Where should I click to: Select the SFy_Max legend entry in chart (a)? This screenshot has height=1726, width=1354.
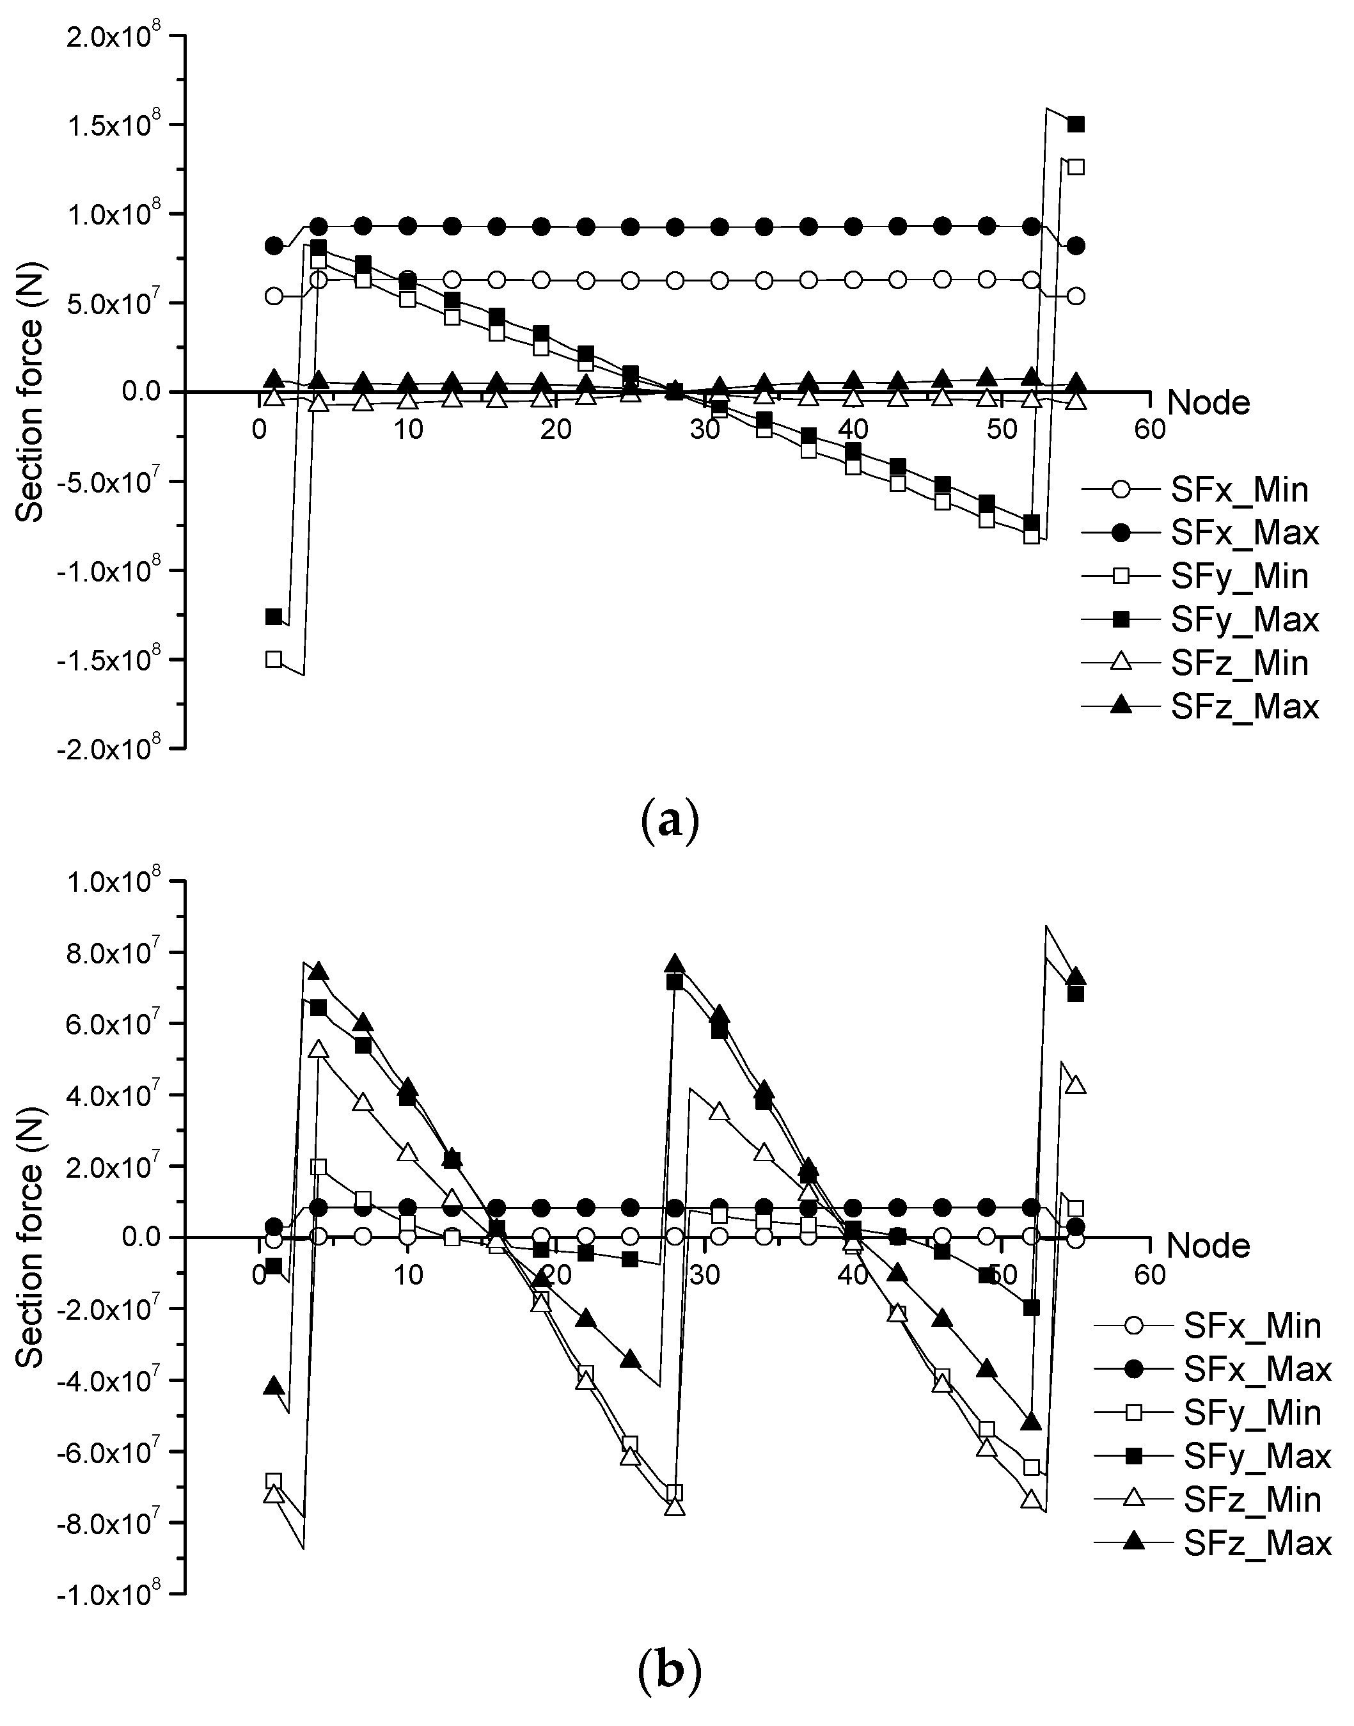click(1244, 619)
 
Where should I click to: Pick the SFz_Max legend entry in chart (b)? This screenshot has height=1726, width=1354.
click(1257, 1543)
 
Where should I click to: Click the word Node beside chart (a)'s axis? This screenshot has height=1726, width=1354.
click(1209, 404)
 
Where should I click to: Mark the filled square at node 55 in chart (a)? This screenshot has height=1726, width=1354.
click(1076, 125)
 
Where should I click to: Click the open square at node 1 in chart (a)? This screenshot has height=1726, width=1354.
click(274, 659)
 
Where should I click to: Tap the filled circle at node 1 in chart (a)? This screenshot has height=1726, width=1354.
click(274, 246)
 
